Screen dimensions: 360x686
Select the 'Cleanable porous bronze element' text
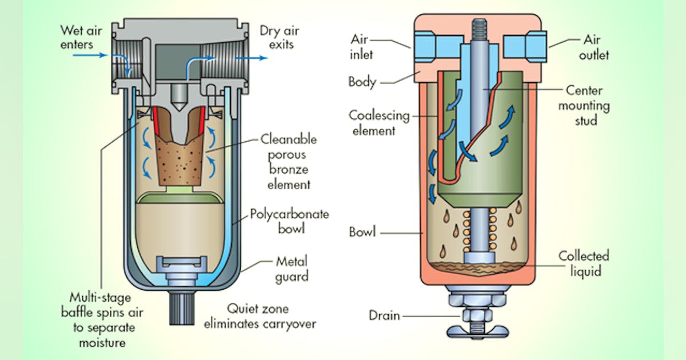[x=288, y=162]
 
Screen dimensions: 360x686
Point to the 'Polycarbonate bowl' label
[x=289, y=222]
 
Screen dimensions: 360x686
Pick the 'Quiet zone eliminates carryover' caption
[x=259, y=316]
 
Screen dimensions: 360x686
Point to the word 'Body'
[x=362, y=81]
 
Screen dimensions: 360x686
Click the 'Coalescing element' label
[x=372, y=123]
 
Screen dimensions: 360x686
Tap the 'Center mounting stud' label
[x=584, y=105]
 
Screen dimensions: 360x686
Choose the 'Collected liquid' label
[x=584, y=263]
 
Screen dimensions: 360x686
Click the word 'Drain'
[x=384, y=316]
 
